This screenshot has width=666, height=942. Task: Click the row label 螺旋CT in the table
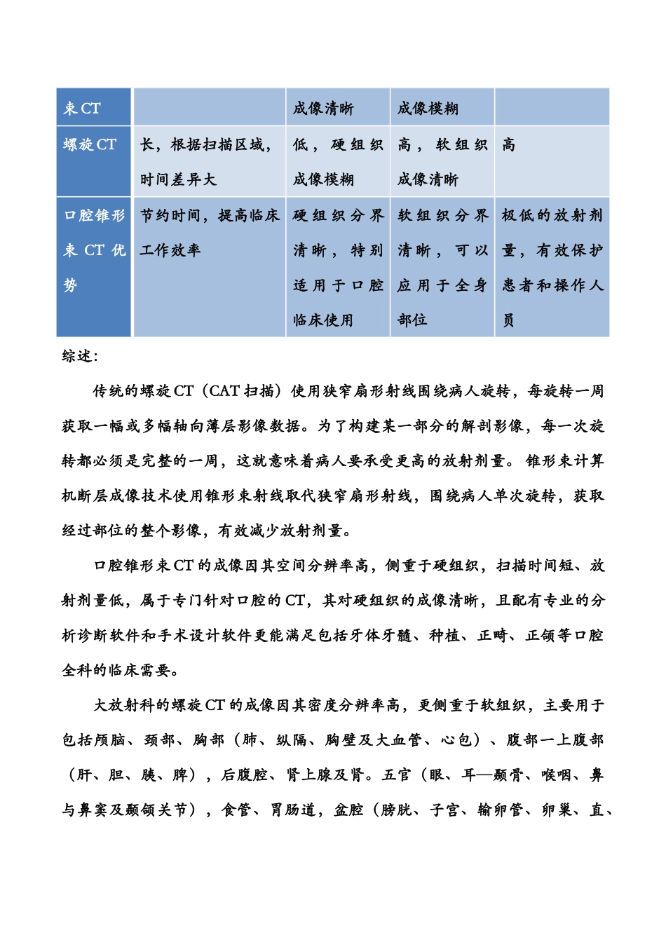point(90,145)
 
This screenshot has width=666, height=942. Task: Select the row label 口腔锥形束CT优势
point(94,250)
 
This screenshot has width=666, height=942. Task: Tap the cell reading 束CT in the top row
point(82,109)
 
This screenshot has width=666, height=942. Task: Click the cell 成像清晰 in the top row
point(323,109)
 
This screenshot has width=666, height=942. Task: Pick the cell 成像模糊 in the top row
point(428,109)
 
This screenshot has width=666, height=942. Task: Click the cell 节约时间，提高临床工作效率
point(209,233)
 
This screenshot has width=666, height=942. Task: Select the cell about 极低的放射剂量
point(552,267)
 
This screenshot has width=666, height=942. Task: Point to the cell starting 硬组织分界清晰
point(338,267)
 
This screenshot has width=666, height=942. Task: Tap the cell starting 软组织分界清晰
point(442,267)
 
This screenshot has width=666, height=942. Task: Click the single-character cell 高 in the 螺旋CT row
point(508,145)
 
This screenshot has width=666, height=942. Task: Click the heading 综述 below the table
point(79,356)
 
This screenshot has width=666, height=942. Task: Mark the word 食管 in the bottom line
point(236,810)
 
